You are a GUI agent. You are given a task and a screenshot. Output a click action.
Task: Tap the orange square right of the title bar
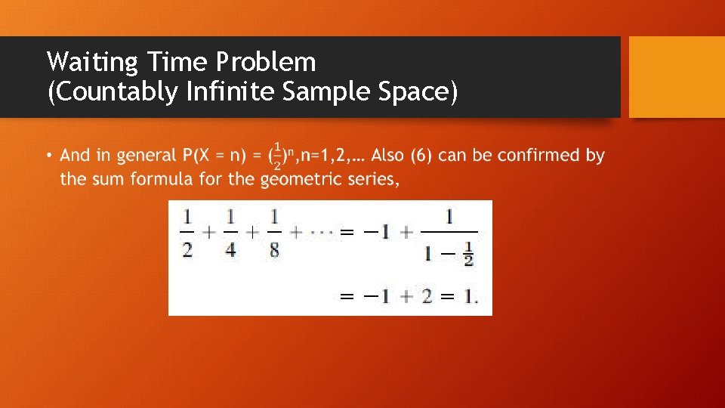(676, 77)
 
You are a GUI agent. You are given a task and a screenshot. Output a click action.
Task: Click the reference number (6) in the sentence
(423, 156)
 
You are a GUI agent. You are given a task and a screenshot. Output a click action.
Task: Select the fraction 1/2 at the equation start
(187, 233)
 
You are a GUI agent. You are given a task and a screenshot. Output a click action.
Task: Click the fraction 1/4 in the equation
(230, 233)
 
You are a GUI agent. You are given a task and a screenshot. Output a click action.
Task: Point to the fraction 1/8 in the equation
(274, 233)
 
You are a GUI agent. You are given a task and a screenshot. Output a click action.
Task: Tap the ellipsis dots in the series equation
(322, 233)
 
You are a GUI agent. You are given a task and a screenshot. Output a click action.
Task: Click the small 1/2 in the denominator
(469, 255)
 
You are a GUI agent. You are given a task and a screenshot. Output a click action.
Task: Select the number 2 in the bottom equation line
(427, 296)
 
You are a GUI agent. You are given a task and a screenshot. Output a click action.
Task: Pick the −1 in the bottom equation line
(377, 296)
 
